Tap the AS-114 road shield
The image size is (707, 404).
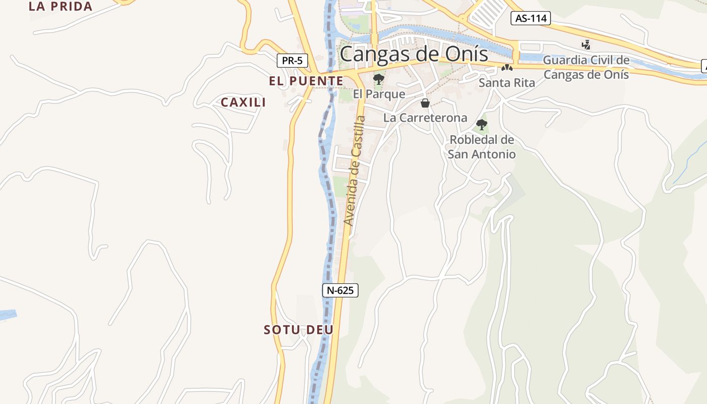530,19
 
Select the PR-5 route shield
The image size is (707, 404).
292,61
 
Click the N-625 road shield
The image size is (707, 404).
340,290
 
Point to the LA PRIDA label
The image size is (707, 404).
61,7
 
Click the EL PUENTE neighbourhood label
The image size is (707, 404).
306,81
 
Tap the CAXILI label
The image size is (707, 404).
243,102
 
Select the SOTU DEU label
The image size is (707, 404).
298,330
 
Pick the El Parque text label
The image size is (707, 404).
379,94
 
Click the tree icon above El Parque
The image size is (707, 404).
378,79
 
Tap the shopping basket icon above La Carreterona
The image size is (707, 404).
425,103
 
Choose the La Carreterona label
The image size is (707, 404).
425,118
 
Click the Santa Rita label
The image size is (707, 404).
507,83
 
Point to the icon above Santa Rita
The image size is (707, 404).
507,68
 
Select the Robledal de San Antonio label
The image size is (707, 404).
482,146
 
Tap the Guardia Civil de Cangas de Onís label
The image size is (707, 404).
586,67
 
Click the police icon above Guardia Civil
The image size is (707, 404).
586,45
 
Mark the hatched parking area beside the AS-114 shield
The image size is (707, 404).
487,13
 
